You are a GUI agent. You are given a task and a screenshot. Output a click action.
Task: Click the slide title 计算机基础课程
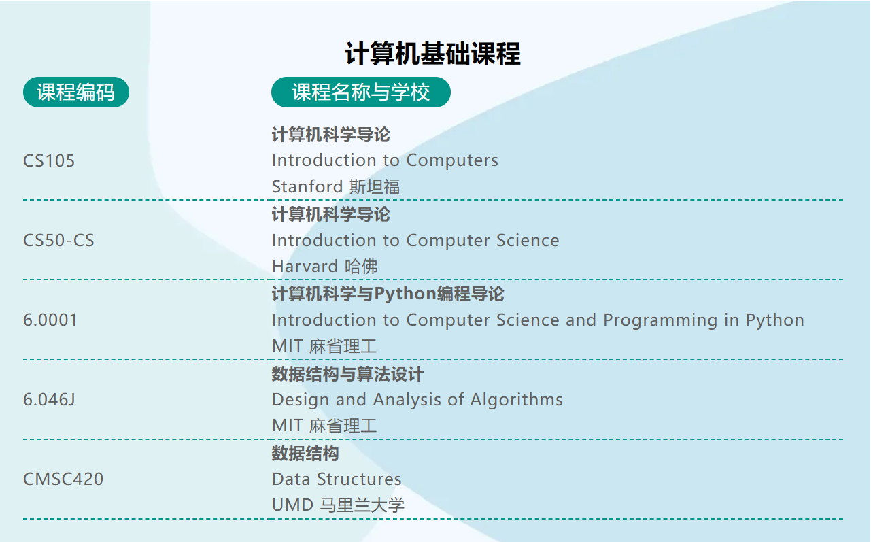click(433, 54)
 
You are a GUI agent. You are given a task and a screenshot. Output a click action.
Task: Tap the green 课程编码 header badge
click(76, 92)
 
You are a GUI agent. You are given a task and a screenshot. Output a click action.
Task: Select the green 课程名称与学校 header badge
click(360, 92)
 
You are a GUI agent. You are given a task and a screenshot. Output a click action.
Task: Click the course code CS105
click(49, 161)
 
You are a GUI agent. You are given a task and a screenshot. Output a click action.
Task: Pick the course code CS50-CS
click(58, 241)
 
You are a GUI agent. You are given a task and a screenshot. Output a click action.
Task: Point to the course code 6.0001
click(50, 320)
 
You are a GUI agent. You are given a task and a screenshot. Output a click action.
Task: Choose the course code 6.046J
click(49, 400)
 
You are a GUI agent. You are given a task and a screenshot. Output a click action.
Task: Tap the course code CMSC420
click(63, 479)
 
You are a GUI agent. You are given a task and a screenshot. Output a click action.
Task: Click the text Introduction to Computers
click(385, 160)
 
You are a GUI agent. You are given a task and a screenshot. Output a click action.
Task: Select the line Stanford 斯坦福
click(336, 187)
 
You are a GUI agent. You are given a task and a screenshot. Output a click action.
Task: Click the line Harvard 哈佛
click(324, 267)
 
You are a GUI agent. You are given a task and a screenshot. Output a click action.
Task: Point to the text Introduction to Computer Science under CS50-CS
click(415, 241)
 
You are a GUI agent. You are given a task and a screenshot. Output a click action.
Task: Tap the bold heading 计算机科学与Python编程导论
click(388, 294)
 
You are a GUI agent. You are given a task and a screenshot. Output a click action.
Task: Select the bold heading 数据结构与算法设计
click(347, 374)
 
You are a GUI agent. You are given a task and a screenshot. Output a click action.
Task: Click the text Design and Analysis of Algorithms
click(417, 400)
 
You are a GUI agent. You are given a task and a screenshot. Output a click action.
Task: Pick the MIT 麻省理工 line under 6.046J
click(324, 426)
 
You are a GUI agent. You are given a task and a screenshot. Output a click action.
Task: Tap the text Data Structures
click(337, 479)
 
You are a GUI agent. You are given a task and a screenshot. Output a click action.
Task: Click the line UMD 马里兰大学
click(338, 506)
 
